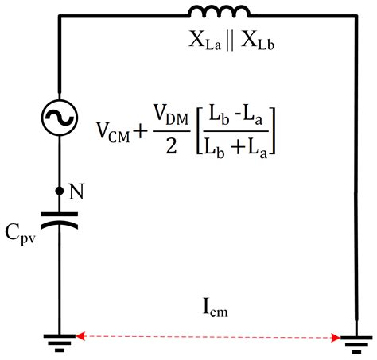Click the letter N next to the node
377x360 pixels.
[x=78, y=192]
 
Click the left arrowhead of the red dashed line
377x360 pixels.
[x=78, y=337]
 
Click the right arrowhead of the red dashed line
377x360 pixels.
[x=336, y=339]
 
